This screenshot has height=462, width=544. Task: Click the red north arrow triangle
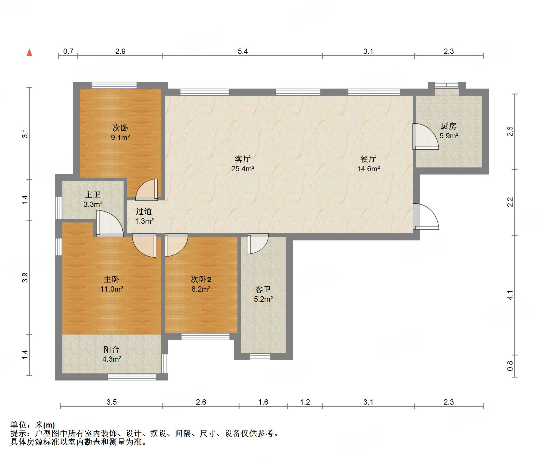[x=29, y=52]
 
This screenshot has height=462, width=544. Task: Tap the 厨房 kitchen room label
[x=449, y=126]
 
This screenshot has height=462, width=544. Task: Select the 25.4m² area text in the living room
[x=243, y=169]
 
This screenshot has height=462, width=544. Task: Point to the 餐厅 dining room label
[x=368, y=159]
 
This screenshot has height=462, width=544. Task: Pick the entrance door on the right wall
[x=426, y=217]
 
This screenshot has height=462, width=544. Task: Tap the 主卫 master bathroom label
[x=93, y=195]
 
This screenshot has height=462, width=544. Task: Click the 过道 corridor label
[x=144, y=211]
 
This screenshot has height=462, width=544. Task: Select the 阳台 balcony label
[x=112, y=349]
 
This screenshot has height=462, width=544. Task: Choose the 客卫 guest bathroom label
[x=263, y=289]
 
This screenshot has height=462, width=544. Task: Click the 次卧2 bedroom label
[x=201, y=279]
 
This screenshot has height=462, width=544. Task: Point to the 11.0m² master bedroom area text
[x=112, y=289]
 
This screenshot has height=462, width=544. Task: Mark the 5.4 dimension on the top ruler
[x=243, y=51]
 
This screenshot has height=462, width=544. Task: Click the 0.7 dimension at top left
[x=68, y=51]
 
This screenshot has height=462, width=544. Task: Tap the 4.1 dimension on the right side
[x=510, y=295]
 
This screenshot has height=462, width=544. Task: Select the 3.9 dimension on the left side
[x=25, y=277]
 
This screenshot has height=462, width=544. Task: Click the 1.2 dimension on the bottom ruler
[x=305, y=402]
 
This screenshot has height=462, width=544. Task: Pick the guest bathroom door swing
[x=258, y=244]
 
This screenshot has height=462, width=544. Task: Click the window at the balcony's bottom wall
[x=132, y=377]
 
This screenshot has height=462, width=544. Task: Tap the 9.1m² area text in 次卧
[x=120, y=137]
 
